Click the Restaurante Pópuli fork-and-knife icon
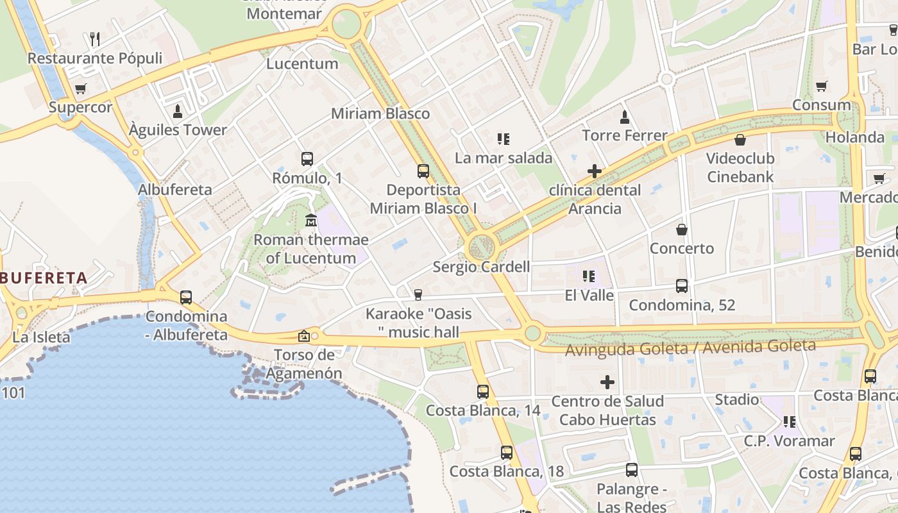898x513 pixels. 95,39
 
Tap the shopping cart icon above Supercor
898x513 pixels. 80,88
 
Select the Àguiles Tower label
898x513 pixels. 178,130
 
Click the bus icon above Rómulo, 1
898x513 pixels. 307,158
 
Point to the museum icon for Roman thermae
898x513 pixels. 311,221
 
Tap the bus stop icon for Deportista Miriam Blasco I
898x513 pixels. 423,171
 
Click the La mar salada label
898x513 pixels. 504,158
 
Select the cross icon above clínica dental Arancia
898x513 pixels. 595,171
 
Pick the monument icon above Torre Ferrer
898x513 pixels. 625,117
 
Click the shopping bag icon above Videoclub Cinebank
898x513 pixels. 740,139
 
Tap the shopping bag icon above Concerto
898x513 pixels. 682,229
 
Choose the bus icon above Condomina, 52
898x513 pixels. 682,286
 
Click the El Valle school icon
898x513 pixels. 589,276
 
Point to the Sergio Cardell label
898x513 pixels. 481,267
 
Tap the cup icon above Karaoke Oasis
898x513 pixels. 418,294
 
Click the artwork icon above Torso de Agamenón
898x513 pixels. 304,335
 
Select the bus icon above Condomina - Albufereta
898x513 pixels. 186,297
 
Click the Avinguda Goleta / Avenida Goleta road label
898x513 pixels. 690,348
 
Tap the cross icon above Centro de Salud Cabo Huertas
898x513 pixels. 607,383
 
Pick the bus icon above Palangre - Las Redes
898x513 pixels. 632,470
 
